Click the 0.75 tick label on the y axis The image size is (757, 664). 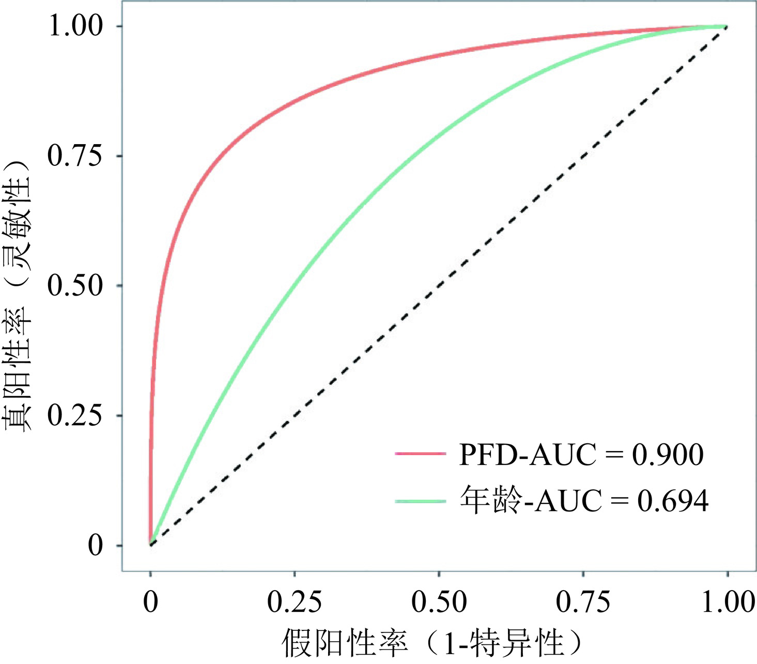click(x=74, y=156)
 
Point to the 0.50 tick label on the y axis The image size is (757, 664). click(x=74, y=286)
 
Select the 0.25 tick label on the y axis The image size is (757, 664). click(x=74, y=416)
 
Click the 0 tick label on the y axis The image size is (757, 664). click(x=96, y=546)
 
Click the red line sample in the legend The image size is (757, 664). click(x=420, y=454)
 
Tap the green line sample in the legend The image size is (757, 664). click(x=420, y=501)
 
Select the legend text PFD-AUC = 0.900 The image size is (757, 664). click(x=581, y=455)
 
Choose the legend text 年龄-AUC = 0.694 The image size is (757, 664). click(x=584, y=501)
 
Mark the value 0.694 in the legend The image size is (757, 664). click(x=673, y=501)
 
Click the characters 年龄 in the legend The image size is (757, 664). click(x=488, y=501)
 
